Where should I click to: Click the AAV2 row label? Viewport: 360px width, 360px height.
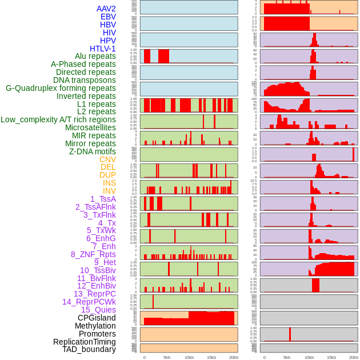click(x=106, y=9)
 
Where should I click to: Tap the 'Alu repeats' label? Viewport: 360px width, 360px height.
click(x=95, y=57)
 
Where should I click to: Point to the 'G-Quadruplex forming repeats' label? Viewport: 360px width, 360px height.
click(x=61, y=88)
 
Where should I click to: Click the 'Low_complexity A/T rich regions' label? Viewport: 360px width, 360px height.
click(x=58, y=119)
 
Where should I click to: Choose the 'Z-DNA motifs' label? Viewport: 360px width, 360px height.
click(x=92, y=151)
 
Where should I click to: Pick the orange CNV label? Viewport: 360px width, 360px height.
click(x=107, y=159)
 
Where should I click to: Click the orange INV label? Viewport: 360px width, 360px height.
click(x=109, y=191)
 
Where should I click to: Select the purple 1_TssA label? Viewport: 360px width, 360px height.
click(x=103, y=199)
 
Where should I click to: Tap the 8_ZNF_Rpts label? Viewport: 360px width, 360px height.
click(x=93, y=254)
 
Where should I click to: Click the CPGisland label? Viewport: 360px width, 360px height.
click(x=97, y=318)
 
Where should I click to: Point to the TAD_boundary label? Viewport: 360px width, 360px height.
click(x=89, y=349)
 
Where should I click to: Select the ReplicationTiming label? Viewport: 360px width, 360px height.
click(x=84, y=342)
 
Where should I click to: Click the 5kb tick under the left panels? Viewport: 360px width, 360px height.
click(x=167, y=357)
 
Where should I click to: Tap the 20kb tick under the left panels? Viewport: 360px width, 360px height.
click(x=233, y=357)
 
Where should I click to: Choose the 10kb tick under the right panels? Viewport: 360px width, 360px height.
click(x=309, y=357)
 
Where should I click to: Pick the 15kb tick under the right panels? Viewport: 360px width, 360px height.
click(x=331, y=357)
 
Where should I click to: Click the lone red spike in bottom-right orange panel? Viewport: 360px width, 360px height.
click(x=290, y=334)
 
